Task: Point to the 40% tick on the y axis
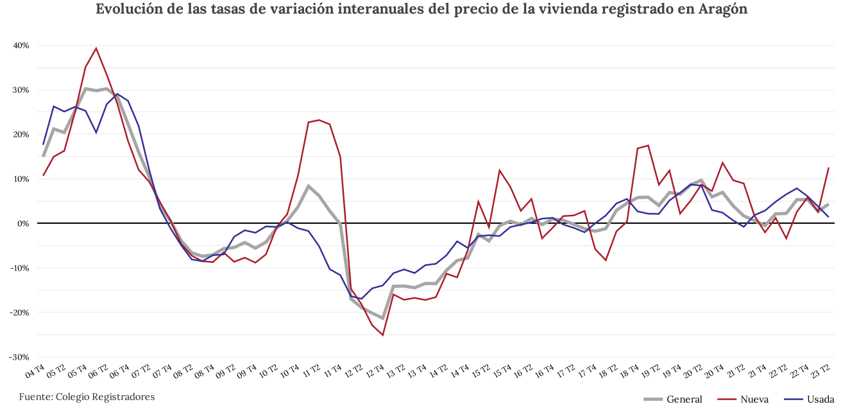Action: pyautogui.click(x=21, y=46)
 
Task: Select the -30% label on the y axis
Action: pyautogui.click(x=20, y=356)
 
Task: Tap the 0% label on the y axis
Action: pyautogui.click(x=24, y=223)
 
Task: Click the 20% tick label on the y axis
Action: pyautogui.click(x=21, y=135)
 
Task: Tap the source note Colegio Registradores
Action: pyautogui.click(x=87, y=397)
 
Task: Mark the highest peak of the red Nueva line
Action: pyautogui.click(x=96, y=48)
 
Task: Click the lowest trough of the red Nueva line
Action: pyautogui.click(x=383, y=335)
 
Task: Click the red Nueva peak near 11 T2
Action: pyautogui.click(x=319, y=120)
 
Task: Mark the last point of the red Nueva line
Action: pyautogui.click(x=829, y=168)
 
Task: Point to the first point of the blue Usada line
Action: pyautogui.click(x=44, y=144)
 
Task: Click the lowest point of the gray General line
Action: pyautogui.click(x=383, y=318)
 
